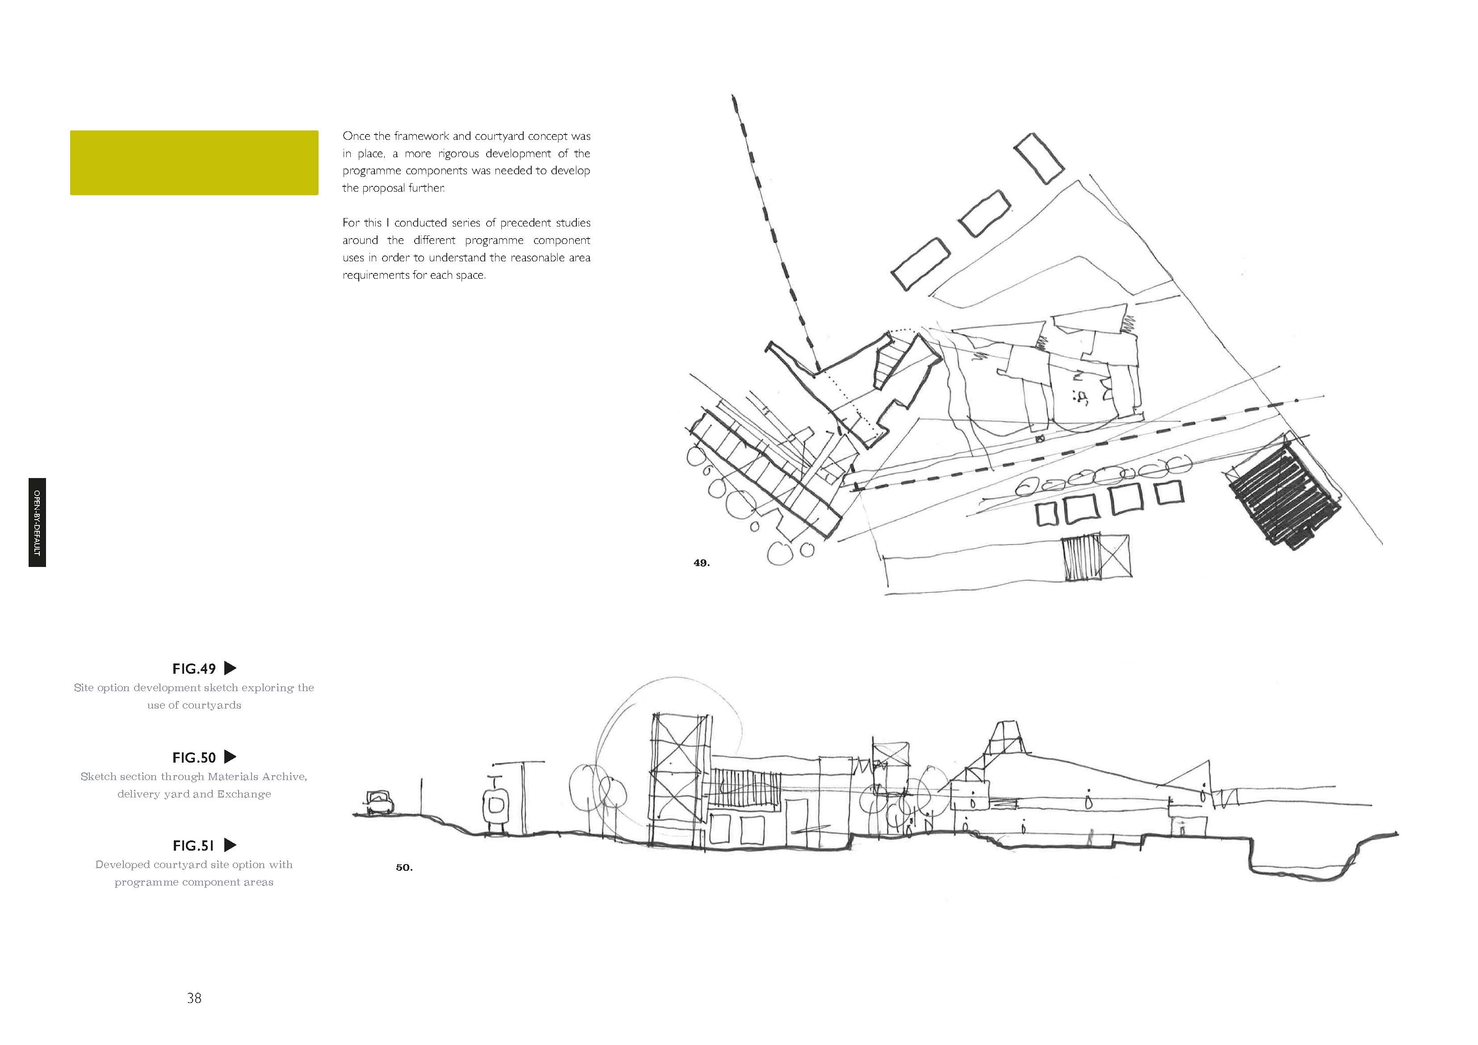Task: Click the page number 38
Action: coord(194,998)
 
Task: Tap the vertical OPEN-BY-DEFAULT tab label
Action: coord(37,522)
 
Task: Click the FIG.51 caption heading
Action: coord(193,845)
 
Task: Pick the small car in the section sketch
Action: coord(379,802)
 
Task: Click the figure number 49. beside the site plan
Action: coord(701,563)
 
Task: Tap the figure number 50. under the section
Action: coord(403,867)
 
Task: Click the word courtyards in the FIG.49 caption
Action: coord(211,705)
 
